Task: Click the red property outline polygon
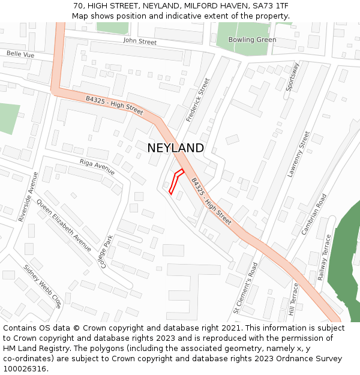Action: click(176, 182)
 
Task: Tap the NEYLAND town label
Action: click(175, 148)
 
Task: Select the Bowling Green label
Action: click(252, 40)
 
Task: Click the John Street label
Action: click(140, 41)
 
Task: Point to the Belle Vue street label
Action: click(20, 54)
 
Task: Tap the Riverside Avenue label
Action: click(28, 197)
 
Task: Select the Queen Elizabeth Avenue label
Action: click(64, 225)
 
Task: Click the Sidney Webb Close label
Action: click(43, 286)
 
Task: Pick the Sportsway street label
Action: click(292, 76)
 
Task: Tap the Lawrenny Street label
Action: click(298, 154)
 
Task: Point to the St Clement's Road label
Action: click(245, 288)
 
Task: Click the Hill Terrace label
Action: click(293, 299)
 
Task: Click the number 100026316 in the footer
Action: click(25, 368)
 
